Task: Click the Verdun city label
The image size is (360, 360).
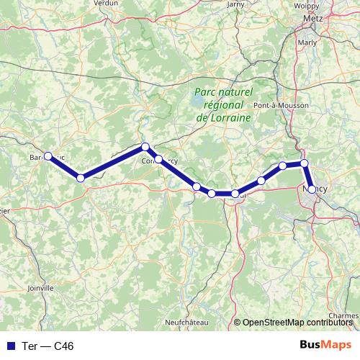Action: (105, 3)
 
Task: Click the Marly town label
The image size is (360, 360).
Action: (307, 42)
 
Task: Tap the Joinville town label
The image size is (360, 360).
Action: (40, 287)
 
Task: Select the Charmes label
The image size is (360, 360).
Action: (343, 315)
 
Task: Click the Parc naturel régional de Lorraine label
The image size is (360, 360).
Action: (223, 104)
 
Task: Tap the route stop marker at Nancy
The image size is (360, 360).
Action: (312, 189)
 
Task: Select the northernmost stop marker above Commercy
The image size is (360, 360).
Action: (145, 147)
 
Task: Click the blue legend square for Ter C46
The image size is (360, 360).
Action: (10, 346)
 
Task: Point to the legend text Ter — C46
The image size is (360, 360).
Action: (48, 346)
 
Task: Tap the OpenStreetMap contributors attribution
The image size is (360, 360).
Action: (296, 323)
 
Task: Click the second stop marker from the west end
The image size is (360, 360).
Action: (81, 177)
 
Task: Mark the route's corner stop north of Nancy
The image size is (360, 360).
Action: (305, 163)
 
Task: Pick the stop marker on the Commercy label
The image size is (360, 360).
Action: (158, 159)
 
